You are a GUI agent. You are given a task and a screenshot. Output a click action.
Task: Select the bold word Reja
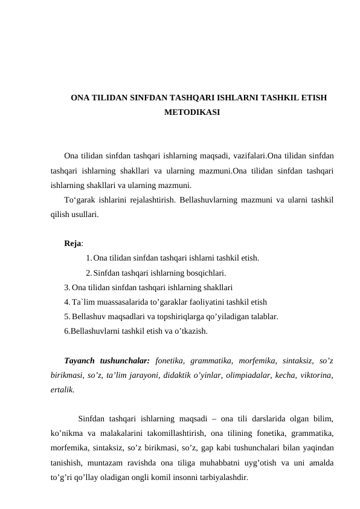(x=73, y=244)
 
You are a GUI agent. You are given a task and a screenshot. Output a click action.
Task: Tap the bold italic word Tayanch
(x=84, y=361)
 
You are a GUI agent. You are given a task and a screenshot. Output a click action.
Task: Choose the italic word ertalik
(x=63, y=391)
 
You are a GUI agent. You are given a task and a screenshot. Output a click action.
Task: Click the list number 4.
(x=66, y=302)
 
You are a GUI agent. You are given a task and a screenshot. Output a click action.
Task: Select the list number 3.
(x=66, y=287)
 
